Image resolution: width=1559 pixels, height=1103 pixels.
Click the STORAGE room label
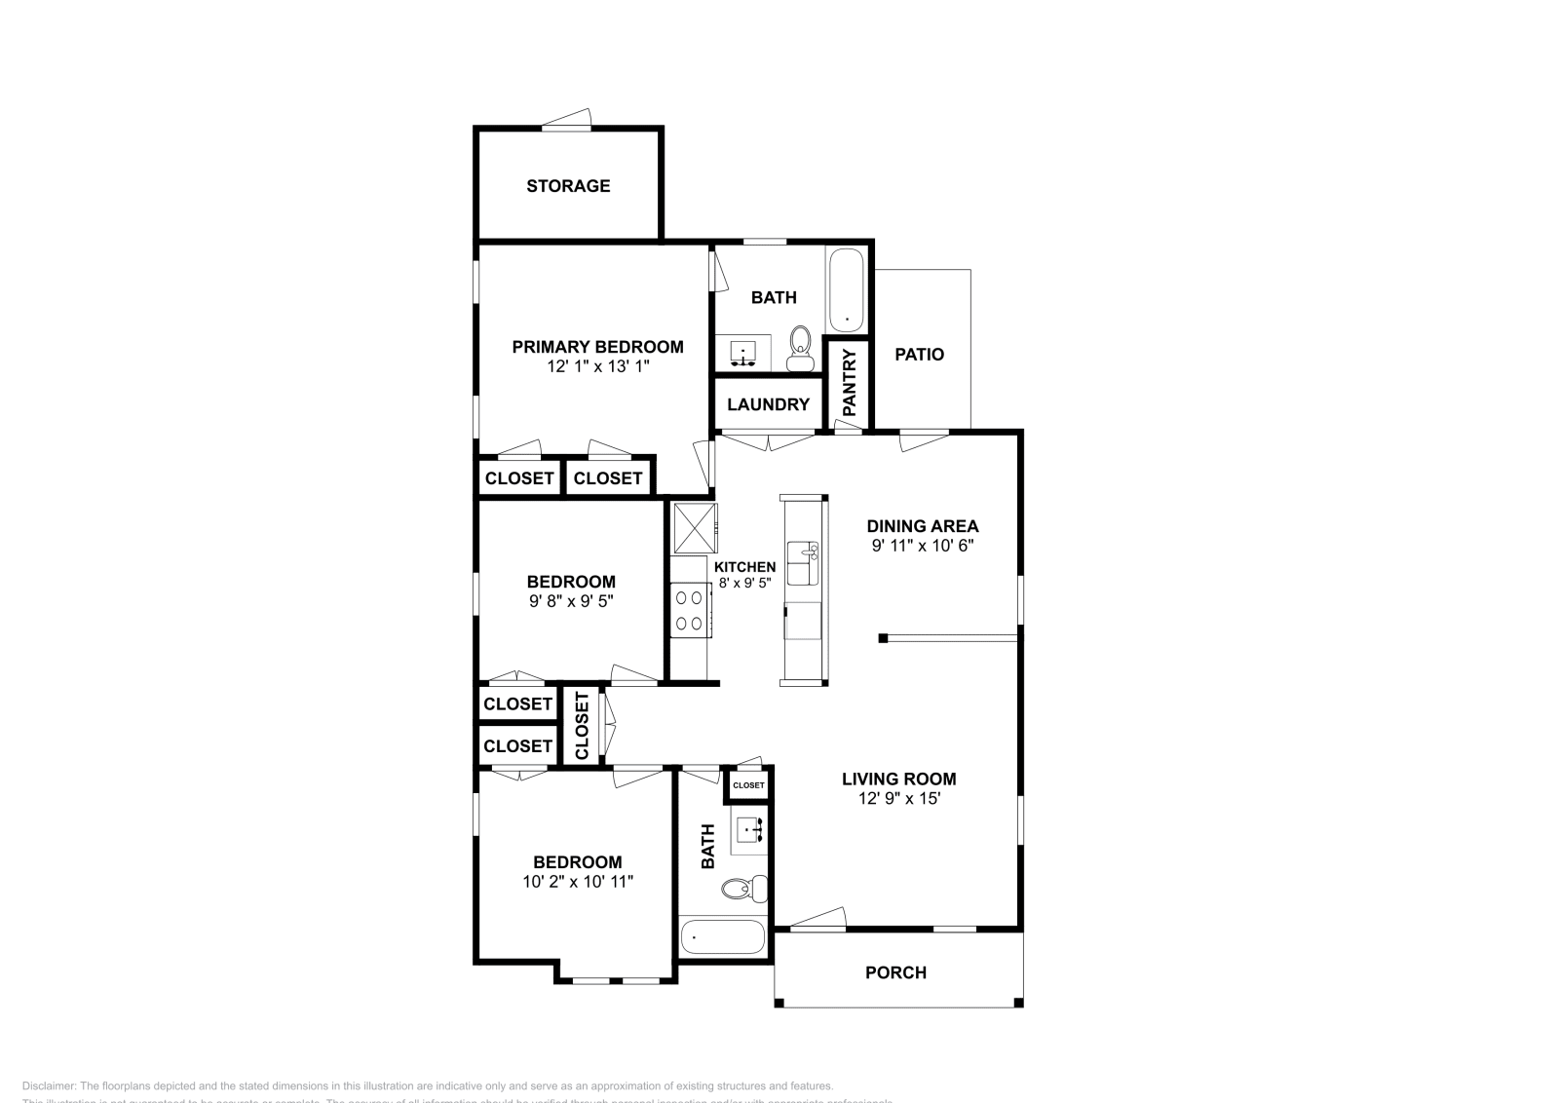click(568, 186)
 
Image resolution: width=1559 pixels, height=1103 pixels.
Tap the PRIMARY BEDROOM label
click(597, 347)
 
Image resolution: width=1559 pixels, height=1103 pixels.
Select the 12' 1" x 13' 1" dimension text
click(597, 367)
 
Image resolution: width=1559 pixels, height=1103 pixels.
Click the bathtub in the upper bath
click(846, 290)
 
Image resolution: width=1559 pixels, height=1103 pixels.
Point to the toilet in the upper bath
click(800, 350)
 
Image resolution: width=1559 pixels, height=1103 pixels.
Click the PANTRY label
click(849, 383)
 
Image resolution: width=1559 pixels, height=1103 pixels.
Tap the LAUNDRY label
click(768, 404)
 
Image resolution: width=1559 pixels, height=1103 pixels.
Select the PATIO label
click(919, 355)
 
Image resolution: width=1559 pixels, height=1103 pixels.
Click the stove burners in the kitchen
click(690, 611)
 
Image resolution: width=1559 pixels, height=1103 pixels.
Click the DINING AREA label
click(922, 526)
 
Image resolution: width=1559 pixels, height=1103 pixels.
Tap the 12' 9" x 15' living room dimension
click(898, 799)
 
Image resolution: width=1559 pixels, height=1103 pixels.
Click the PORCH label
click(895, 972)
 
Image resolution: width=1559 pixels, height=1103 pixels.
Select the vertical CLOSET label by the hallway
click(583, 726)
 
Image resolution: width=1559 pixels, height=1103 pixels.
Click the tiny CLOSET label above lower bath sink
click(748, 785)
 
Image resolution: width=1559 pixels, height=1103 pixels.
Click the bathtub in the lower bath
click(722, 937)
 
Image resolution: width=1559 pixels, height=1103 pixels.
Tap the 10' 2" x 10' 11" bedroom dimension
click(578, 882)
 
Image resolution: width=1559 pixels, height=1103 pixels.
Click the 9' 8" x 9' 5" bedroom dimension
click(571, 602)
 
